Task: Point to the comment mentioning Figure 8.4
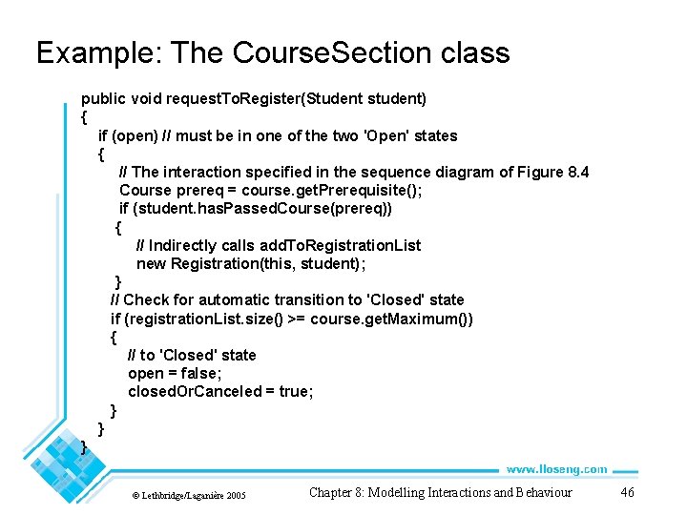354,172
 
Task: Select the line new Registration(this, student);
251,263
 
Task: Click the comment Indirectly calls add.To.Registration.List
278,245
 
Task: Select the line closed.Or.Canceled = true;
220,391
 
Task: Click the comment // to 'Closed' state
192,355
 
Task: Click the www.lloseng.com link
556,468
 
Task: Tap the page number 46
627,492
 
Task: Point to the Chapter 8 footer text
440,492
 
